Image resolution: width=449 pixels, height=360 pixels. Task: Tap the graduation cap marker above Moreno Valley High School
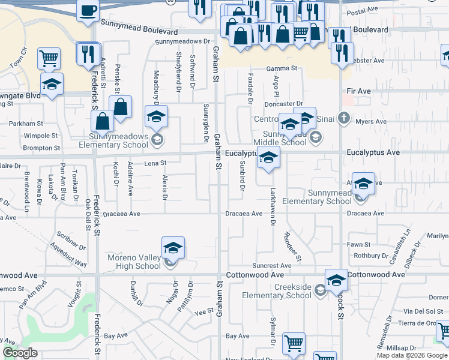tap(173, 248)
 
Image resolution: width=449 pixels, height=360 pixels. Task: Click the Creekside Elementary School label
tap(276, 291)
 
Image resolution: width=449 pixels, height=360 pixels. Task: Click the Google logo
tap(20, 353)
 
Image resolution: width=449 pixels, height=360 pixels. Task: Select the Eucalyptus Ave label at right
tap(373, 153)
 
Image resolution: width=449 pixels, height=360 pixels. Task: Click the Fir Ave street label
tap(359, 91)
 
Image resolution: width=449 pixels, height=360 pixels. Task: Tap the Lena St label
tap(154, 163)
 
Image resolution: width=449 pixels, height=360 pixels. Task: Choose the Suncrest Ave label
tap(272, 265)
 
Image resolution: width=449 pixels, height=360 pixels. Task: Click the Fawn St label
tap(358, 244)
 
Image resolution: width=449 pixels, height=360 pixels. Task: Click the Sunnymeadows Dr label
tap(184, 42)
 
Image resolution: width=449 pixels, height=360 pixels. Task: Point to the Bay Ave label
tap(113, 336)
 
